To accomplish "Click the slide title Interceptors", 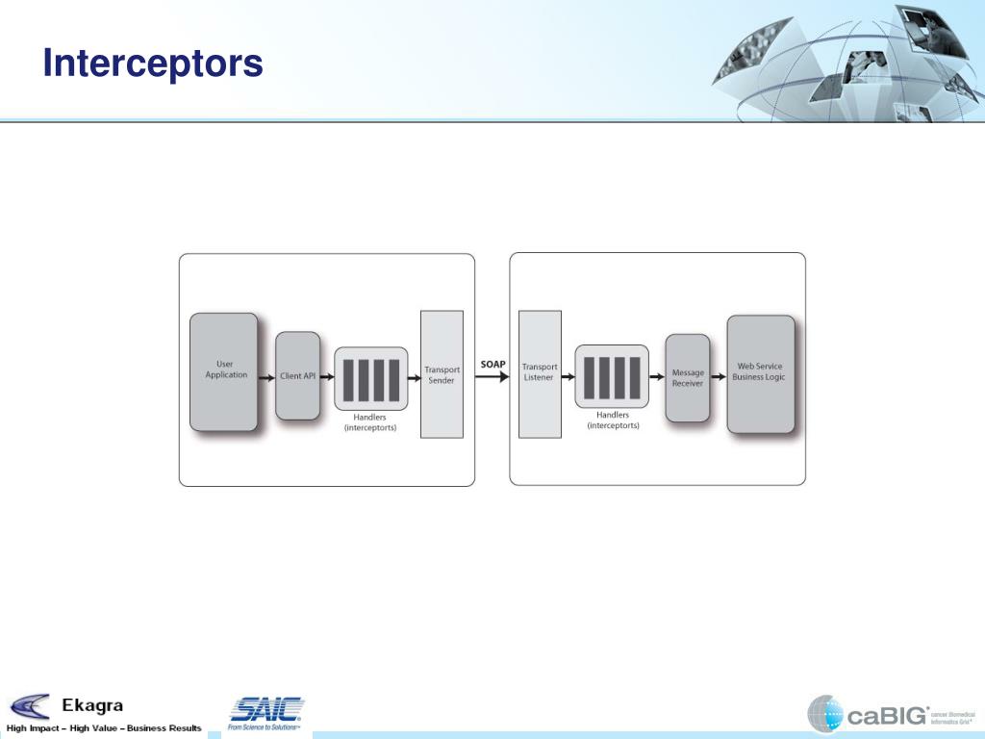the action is coord(153,64).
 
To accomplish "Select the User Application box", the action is coord(224,371).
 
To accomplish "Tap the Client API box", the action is coord(297,376).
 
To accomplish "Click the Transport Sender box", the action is coord(442,374).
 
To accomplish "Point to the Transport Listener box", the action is coord(540,373).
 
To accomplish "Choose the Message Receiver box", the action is coord(687,378).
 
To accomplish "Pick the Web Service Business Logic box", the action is coord(760,373).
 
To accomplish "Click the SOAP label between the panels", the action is coord(493,364).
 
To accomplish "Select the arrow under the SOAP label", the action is coord(492,377).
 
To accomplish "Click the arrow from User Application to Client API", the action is coord(266,376).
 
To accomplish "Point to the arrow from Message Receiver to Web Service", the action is coord(718,377).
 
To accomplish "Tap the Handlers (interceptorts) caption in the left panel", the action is coord(370,422).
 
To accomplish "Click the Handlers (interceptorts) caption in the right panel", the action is coord(613,420).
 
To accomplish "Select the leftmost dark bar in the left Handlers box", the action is coord(348,379).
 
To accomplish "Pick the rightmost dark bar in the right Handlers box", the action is coord(634,377).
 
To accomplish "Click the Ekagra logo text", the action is coord(92,706).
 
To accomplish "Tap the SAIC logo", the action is coord(265,711).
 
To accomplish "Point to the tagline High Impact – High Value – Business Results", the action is coord(104,728).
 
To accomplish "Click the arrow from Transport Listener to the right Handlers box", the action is coord(568,377).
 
